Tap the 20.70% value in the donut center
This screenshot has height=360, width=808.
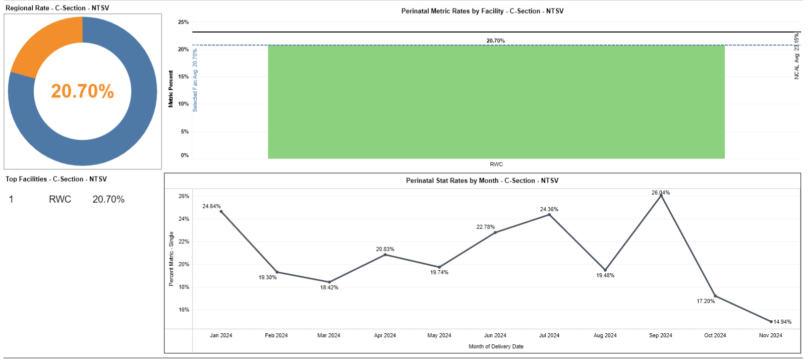(x=82, y=91)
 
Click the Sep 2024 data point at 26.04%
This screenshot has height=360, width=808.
(x=661, y=196)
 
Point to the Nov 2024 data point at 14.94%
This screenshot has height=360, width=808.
(x=771, y=321)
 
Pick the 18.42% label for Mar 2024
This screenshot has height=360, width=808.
(x=329, y=287)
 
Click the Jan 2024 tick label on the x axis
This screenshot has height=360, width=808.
(x=221, y=335)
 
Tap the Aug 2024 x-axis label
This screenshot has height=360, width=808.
(x=605, y=335)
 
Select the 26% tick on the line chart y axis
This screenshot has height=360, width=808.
(x=184, y=196)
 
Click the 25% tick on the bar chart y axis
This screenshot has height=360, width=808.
(x=183, y=22)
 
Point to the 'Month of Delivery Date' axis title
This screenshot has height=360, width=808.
(x=496, y=346)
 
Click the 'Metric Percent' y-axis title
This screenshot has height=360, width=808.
(x=170, y=89)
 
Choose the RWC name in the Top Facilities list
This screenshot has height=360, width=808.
(x=60, y=199)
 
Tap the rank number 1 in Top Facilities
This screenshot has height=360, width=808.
(x=11, y=199)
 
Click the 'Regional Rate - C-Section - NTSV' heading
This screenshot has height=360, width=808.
(x=57, y=8)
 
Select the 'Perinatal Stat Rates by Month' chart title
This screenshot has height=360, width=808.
(x=482, y=181)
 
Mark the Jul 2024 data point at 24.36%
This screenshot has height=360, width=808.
(x=549, y=215)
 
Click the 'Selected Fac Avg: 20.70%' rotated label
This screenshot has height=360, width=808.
(x=195, y=80)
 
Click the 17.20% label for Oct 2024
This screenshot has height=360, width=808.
(x=706, y=301)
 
